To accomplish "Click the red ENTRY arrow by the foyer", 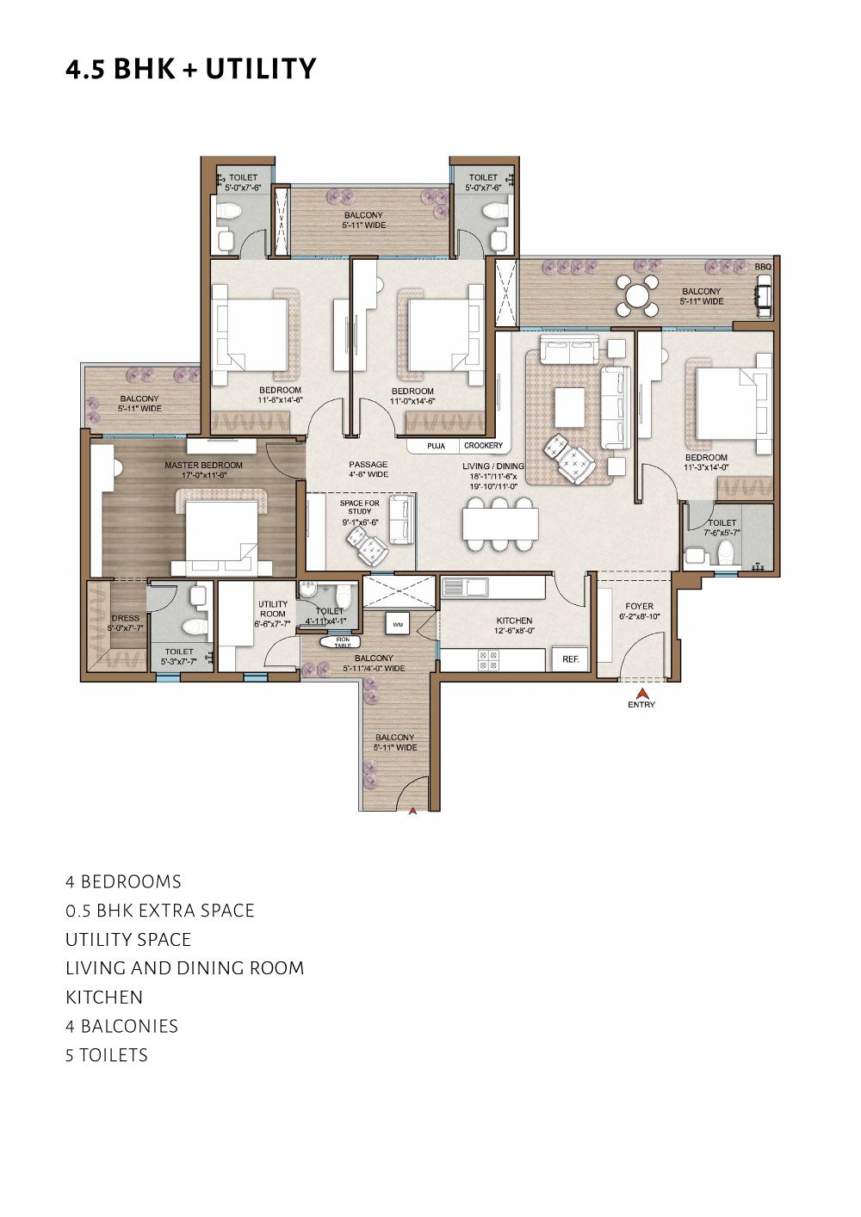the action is pyautogui.click(x=642, y=693).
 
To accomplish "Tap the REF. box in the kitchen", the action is pyautogui.click(x=570, y=659).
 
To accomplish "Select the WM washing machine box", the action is pyautogui.click(x=397, y=624).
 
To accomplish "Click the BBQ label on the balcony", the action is pyautogui.click(x=763, y=267).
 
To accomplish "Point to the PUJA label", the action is pyautogui.click(x=436, y=446).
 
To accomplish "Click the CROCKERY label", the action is pyautogui.click(x=483, y=446).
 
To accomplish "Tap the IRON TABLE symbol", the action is pyautogui.click(x=340, y=642).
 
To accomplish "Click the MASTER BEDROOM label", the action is pyautogui.click(x=203, y=465).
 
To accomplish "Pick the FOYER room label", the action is pyautogui.click(x=639, y=606).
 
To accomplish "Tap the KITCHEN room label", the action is pyautogui.click(x=514, y=621).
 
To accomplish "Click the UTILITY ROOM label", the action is pyautogui.click(x=273, y=609).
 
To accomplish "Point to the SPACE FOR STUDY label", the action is pyautogui.click(x=359, y=508).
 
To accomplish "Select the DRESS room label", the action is pyautogui.click(x=125, y=618).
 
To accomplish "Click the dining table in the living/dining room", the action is pyautogui.click(x=500, y=524).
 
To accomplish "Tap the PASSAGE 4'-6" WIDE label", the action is pyautogui.click(x=369, y=469).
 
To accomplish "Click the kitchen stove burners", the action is pyautogui.click(x=487, y=660).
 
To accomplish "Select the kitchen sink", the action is pyautogui.click(x=467, y=587).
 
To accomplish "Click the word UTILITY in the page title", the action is pyautogui.click(x=261, y=69).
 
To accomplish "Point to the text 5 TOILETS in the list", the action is pyautogui.click(x=107, y=1055).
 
